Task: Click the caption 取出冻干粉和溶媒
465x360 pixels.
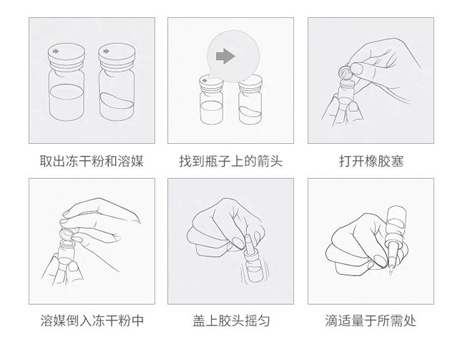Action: click(x=92, y=161)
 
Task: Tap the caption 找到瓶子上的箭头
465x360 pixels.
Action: click(x=230, y=161)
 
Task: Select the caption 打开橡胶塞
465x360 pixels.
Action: click(x=371, y=161)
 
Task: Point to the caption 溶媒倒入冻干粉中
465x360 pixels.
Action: click(x=92, y=321)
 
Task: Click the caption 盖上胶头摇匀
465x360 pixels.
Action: click(x=231, y=321)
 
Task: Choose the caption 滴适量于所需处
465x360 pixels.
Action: click(x=371, y=321)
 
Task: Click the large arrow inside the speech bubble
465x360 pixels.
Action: click(x=225, y=56)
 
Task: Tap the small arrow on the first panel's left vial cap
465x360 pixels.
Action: click(x=56, y=52)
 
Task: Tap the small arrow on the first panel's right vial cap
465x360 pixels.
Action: click(x=106, y=52)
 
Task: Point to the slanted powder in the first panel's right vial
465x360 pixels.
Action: click(x=116, y=101)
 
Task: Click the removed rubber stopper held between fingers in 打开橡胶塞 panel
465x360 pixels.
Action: click(x=346, y=72)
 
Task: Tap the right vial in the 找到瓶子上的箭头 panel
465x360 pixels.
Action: click(x=250, y=100)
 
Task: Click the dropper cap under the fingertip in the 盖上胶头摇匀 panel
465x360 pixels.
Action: click(x=248, y=243)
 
